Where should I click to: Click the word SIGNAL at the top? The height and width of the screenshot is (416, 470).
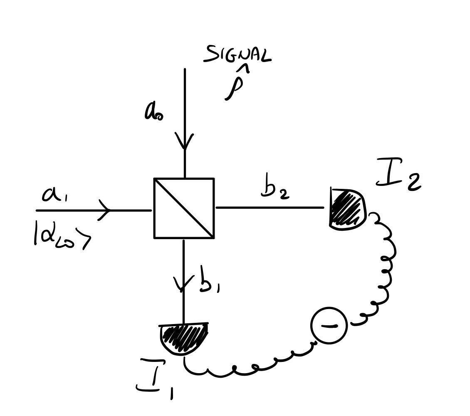237,55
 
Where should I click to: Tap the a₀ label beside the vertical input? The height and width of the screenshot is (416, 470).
153,112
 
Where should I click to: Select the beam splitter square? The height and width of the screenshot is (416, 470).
184,208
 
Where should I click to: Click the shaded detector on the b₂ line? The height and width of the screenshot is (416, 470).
348,209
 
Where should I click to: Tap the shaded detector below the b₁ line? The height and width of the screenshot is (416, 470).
183,339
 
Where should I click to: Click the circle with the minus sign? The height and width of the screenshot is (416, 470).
329,325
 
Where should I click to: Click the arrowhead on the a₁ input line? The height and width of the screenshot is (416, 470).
105,210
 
